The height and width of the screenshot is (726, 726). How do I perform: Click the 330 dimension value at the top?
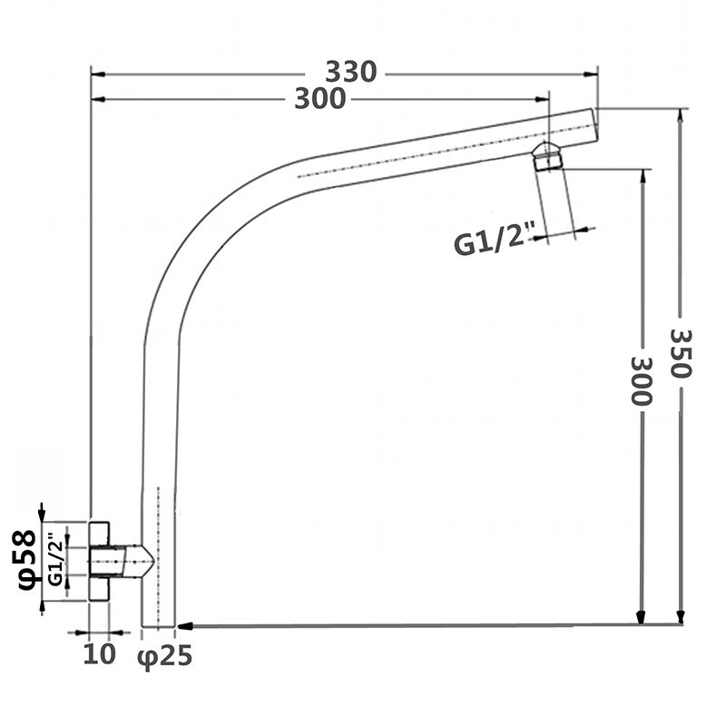coord(350,72)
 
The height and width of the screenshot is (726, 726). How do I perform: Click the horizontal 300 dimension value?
coord(319,99)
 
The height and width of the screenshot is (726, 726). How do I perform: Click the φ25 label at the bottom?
coord(165,655)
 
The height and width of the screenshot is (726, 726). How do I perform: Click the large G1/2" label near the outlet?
coord(490,244)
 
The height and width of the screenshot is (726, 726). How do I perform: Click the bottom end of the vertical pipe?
coord(158,623)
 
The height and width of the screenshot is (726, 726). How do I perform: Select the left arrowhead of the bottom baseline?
coord(181,625)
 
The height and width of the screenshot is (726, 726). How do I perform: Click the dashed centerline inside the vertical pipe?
coord(159,544)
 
